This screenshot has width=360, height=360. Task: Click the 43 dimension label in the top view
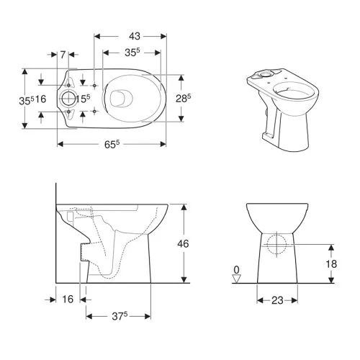coord(135,36)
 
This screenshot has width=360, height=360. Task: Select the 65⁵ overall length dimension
coord(112,144)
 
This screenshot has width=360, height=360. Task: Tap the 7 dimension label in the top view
coord(63,55)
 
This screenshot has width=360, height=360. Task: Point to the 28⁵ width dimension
coord(183,98)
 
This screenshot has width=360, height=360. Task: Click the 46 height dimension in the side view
coord(183,244)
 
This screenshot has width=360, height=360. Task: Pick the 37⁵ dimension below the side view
coord(120,316)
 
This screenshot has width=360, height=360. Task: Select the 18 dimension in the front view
coord(331,264)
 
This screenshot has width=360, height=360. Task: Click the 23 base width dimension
coord(277,300)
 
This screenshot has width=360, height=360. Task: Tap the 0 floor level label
coord(236,270)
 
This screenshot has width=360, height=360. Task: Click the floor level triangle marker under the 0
coord(237,279)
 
